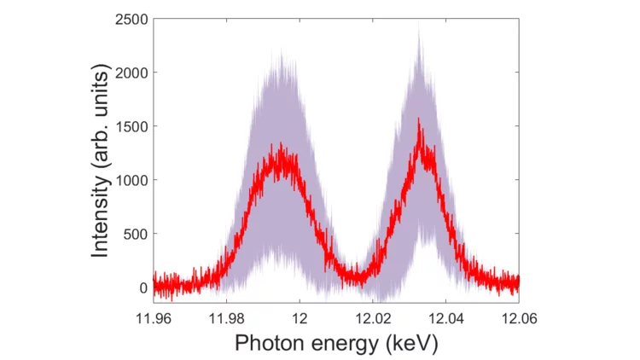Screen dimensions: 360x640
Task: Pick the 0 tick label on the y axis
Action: click(x=143, y=287)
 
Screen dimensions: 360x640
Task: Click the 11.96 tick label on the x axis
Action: click(x=154, y=317)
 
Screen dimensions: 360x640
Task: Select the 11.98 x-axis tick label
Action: click(x=226, y=317)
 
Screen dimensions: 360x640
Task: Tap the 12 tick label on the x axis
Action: click(x=300, y=317)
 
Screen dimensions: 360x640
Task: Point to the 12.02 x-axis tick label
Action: click(x=373, y=317)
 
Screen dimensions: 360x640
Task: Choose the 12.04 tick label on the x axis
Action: click(x=445, y=317)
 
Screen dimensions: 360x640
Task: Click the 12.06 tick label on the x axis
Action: click(x=518, y=317)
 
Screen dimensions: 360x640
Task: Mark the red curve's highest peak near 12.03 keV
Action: click(x=419, y=119)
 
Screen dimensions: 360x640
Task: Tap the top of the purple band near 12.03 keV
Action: click(x=419, y=27)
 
